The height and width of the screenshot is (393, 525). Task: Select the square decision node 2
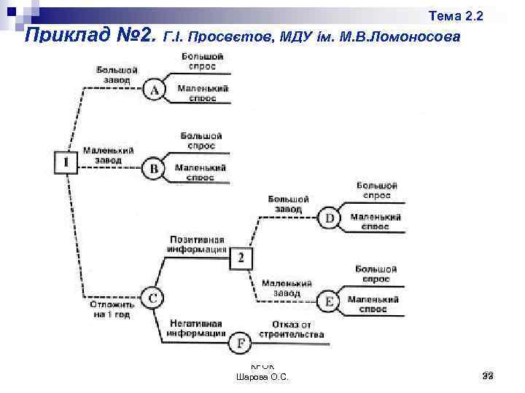pos(242,258)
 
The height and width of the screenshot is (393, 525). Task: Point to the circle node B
pos(154,169)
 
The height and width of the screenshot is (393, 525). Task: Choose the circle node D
pos(330,217)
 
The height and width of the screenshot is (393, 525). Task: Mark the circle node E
pos(330,301)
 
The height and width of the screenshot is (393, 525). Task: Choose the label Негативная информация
pos(196,328)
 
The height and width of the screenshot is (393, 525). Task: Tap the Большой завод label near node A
pos(113,75)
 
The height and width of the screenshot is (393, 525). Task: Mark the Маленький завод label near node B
pos(107,155)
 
